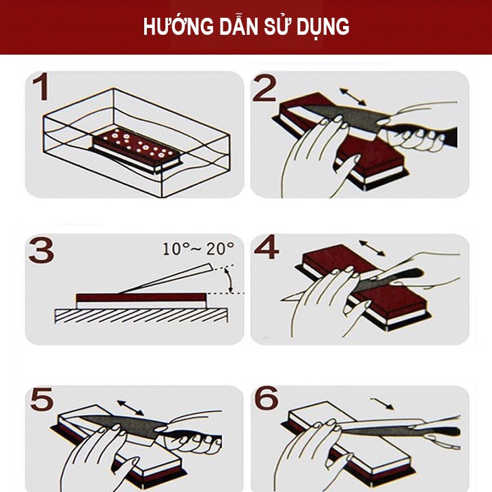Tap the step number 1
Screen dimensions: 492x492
point(40,91)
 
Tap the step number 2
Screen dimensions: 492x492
point(265,89)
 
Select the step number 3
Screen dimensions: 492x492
point(41,251)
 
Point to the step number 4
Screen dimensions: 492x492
point(266,249)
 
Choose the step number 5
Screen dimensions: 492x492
point(41,400)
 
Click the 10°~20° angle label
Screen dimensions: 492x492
point(198,248)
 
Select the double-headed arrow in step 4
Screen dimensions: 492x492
point(372,248)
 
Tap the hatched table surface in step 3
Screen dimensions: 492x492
point(137,315)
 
